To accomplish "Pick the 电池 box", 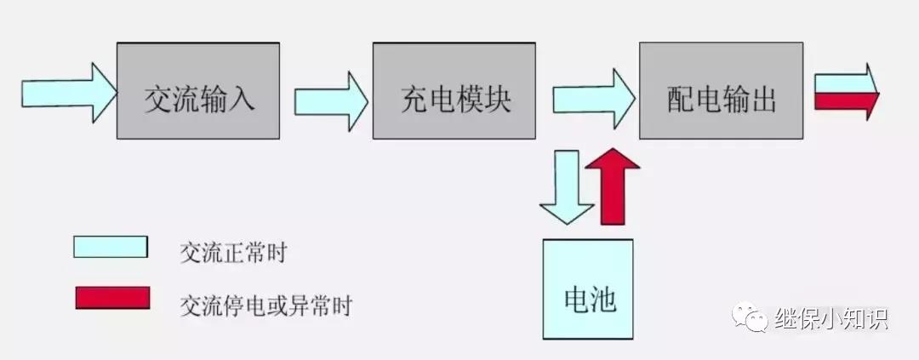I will click(588, 289).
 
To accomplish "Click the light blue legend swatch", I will click(111, 247).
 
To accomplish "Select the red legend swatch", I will click(111, 298).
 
